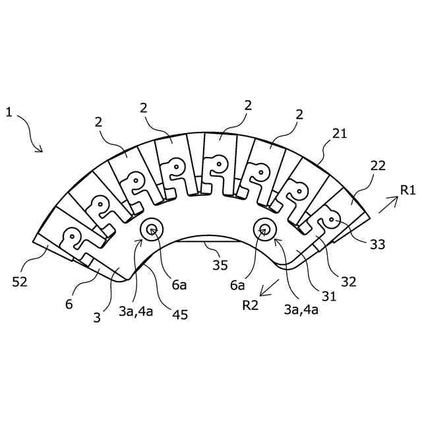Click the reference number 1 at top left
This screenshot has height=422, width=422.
point(9,112)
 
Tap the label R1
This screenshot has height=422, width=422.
point(407,191)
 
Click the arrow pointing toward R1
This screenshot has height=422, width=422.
point(388,205)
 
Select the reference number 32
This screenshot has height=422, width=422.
point(348,282)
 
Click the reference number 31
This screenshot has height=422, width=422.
point(330,297)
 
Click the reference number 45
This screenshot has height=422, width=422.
point(179,315)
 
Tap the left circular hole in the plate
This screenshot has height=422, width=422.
point(152,229)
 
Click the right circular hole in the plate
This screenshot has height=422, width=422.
point(265,229)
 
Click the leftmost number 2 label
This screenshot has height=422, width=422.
point(99,122)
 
